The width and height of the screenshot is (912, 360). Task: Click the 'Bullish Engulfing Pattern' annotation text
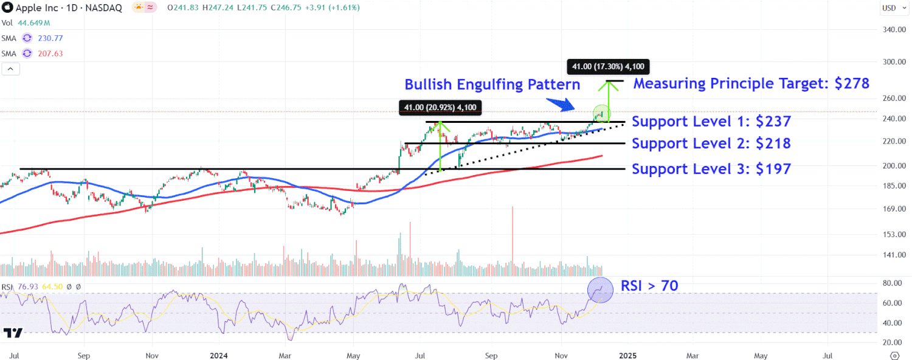tap(492, 85)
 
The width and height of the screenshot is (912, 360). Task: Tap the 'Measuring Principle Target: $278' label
tap(751, 83)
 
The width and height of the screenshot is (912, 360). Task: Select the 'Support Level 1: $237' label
tap(711, 122)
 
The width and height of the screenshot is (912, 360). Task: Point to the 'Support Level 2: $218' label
tap(711, 144)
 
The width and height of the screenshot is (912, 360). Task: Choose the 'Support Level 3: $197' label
tap(711, 169)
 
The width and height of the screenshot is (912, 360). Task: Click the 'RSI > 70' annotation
tap(649, 285)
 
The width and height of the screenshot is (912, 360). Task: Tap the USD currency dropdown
tap(892, 8)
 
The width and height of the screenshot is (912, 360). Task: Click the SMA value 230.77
tap(50, 38)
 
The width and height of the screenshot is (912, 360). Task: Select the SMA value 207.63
tap(50, 54)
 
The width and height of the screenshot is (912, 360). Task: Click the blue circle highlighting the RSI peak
tap(600, 290)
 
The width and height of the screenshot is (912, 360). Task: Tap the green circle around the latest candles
tap(601, 113)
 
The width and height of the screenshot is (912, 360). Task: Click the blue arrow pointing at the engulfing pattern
tap(559, 105)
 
